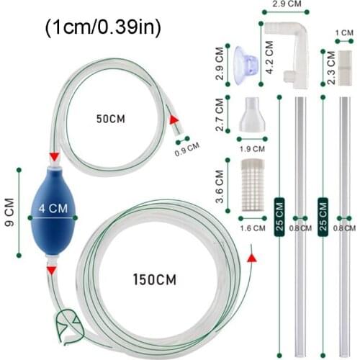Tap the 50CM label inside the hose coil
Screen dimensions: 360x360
[111, 119]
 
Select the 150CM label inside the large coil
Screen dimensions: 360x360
[155, 279]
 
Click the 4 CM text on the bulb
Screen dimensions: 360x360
[53, 208]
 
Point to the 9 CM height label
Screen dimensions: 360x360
[9, 212]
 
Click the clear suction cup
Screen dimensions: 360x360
[246, 66]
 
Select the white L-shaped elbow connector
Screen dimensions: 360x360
[289, 55]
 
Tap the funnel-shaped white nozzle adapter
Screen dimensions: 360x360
[252, 114]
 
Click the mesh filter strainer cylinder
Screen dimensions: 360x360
[253, 185]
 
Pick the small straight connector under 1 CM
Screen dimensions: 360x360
[345, 68]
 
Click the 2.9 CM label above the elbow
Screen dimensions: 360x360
[287, 4]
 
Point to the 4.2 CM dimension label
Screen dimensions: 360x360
[269, 57]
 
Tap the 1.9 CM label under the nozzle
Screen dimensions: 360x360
[252, 149]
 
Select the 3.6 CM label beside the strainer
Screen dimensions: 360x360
[220, 186]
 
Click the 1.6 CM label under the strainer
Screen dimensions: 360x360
[253, 228]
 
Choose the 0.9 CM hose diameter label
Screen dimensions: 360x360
[187, 149]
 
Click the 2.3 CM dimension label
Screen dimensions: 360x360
[331, 68]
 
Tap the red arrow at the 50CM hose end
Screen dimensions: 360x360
[174, 120]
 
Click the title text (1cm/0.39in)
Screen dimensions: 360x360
[103, 27]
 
